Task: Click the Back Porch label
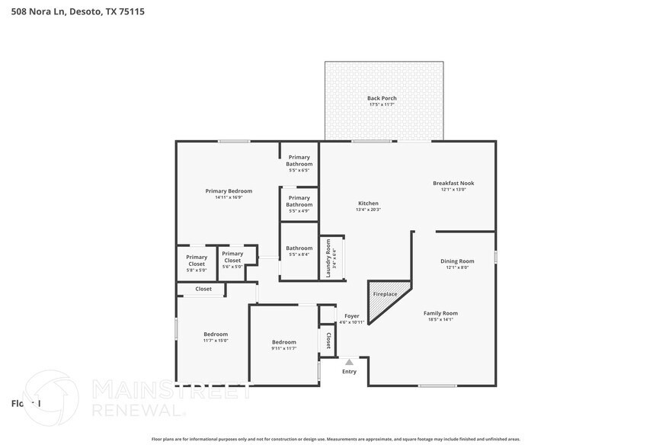382,98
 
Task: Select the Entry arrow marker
349,362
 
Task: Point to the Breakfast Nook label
453,183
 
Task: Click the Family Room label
440,313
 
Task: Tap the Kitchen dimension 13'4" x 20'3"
368,210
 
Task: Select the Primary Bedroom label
229,191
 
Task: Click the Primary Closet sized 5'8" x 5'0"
197,263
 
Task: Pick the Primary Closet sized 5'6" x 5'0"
232,260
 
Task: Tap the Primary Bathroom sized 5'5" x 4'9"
299,204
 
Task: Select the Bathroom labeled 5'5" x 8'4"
299,251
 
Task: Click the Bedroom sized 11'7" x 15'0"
215,337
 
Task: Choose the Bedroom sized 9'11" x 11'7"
283,344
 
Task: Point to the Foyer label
351,315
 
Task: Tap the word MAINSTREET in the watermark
171,391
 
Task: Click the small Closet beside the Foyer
328,340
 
